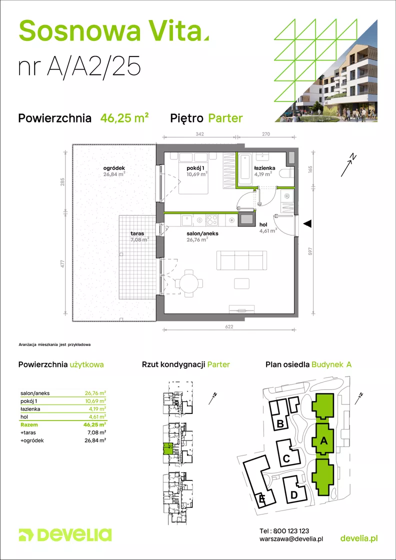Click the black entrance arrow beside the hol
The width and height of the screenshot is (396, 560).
point(307,223)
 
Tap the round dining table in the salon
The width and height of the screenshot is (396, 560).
point(191,283)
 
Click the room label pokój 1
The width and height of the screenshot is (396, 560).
point(195,168)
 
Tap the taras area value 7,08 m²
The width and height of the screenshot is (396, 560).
point(139,239)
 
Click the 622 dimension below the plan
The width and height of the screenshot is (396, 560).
point(230,326)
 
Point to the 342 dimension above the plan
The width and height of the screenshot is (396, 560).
point(199,134)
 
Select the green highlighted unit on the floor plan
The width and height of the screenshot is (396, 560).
point(167,448)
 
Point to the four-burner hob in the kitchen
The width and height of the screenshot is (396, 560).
point(212,220)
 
